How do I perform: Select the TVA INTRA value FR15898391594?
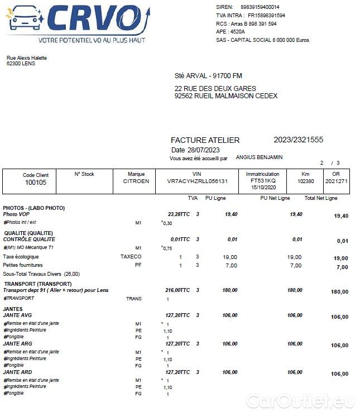click(x=266, y=16)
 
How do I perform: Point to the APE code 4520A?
click(x=238, y=32)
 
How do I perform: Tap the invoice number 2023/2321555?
click(x=298, y=140)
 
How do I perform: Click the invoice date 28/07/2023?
click(x=203, y=150)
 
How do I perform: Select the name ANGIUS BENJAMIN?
click(x=259, y=157)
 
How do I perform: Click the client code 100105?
click(x=36, y=182)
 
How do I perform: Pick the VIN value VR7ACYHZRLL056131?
click(x=198, y=181)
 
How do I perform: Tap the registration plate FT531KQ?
click(x=263, y=181)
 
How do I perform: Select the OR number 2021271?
click(x=337, y=181)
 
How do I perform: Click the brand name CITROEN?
click(x=136, y=181)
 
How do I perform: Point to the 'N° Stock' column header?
click(x=84, y=174)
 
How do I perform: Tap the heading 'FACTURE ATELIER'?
click(x=205, y=140)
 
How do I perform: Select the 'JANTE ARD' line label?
click(x=17, y=372)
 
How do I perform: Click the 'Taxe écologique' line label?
click(x=20, y=257)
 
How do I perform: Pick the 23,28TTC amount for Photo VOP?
click(x=179, y=214)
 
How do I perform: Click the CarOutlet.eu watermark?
click(x=300, y=400)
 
